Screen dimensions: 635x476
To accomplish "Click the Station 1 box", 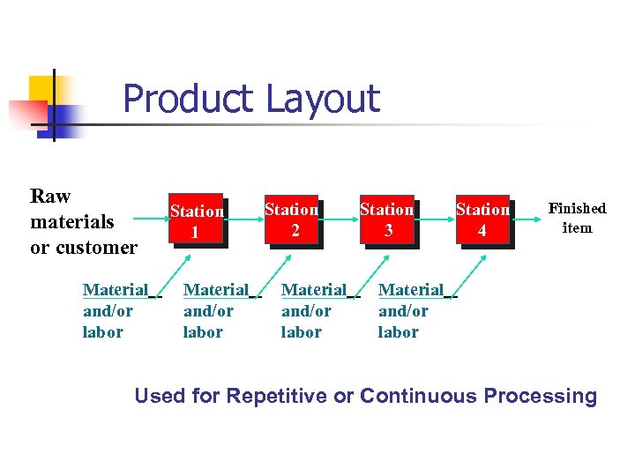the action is pyautogui.click(x=196, y=220).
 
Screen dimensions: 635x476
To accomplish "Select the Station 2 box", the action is pyautogui.click(x=291, y=219).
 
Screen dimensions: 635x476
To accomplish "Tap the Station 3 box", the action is pyautogui.click(x=386, y=219).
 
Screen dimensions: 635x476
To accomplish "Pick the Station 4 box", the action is pyautogui.click(x=482, y=219).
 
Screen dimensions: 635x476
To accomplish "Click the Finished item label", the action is pyautogui.click(x=577, y=218).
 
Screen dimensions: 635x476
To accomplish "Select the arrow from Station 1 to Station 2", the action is pyautogui.click(x=244, y=219).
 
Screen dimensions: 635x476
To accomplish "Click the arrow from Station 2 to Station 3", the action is pyautogui.click(x=338, y=219).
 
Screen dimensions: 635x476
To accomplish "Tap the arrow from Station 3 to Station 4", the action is pyautogui.click(x=434, y=219).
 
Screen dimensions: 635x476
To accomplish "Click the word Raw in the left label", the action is pyautogui.click(x=50, y=196).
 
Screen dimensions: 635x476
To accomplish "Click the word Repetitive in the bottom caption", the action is pyautogui.click(x=276, y=396).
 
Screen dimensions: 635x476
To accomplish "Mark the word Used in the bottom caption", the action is pyautogui.click(x=160, y=396).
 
